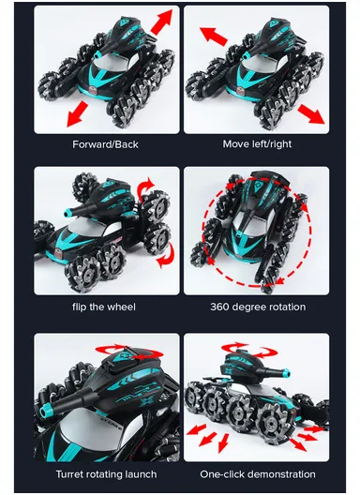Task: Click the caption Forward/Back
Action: (107, 144)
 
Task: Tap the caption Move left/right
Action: (258, 144)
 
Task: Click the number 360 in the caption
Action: (222, 307)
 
